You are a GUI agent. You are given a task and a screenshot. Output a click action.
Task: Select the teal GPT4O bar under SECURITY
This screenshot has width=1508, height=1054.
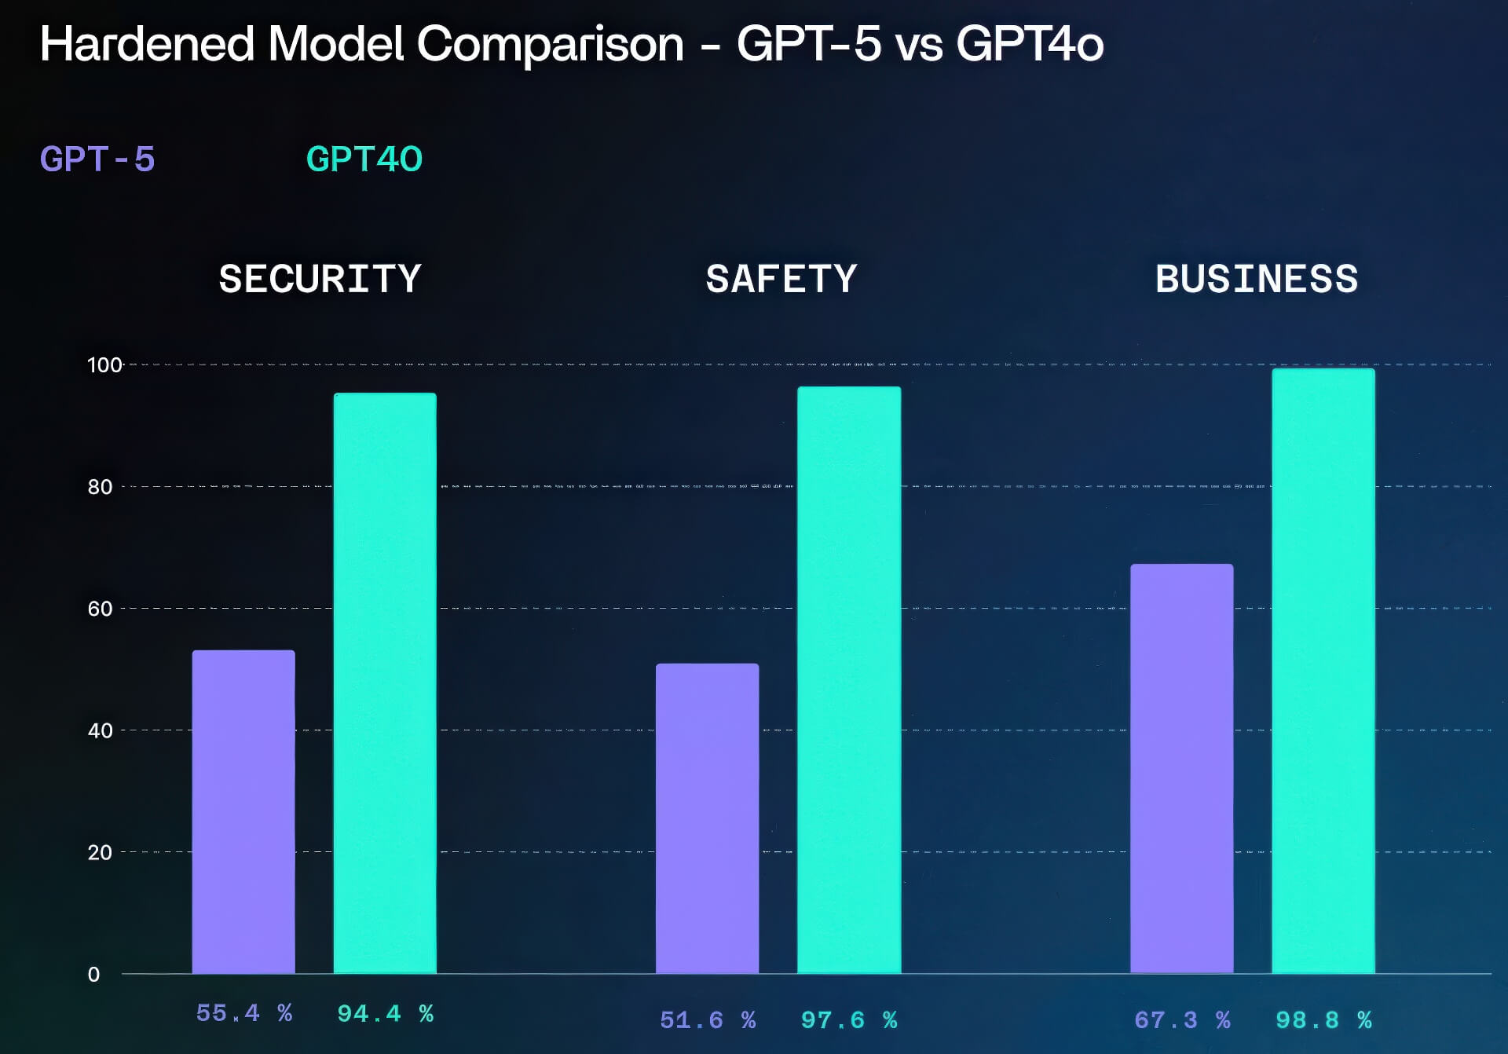point(385,683)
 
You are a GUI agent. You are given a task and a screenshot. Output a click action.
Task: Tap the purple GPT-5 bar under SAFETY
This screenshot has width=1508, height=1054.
point(707,818)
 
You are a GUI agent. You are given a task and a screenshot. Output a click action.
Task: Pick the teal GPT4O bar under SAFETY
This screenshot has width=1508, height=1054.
point(849,679)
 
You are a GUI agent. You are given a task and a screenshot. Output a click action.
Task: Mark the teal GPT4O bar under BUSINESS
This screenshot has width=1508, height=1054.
point(1323,671)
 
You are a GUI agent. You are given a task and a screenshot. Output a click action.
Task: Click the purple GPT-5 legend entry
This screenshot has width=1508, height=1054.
point(97,159)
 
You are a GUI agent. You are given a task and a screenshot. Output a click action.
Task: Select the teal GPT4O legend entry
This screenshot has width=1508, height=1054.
point(364,159)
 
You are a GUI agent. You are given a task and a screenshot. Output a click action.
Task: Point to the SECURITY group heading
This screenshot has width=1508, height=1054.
point(320,279)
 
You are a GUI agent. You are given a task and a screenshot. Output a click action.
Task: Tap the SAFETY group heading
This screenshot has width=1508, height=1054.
point(781,279)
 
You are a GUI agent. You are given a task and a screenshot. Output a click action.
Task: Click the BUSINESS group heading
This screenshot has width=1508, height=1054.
point(1257,279)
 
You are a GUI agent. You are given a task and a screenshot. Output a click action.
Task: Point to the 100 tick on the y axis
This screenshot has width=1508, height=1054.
point(104,365)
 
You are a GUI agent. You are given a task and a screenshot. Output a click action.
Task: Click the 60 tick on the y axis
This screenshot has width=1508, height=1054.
point(100,609)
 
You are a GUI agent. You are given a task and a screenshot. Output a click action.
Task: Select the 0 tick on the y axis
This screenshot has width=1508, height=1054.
point(93,975)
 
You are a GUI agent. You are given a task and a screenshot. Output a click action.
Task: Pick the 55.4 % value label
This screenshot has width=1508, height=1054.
point(243,1013)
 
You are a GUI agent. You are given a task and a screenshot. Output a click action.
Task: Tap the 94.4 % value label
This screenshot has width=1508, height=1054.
point(385,1014)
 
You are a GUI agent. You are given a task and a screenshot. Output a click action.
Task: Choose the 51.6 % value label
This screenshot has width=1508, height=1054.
point(708,1020)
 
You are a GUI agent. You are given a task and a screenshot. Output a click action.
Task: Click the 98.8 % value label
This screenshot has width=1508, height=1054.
point(1323,1020)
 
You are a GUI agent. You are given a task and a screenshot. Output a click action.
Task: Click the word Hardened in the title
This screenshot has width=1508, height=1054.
point(147,44)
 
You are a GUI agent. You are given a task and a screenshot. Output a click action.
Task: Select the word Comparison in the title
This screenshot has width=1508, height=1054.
point(550,44)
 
